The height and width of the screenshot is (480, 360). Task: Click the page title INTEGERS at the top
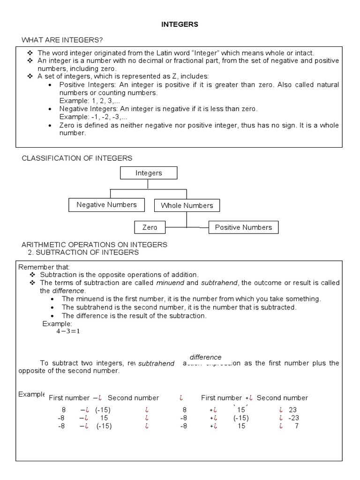180,25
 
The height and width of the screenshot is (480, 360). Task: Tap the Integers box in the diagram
149,173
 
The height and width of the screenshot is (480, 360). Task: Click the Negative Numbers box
106,205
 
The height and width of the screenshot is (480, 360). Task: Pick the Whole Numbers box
187,205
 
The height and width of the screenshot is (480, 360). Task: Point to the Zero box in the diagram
150,227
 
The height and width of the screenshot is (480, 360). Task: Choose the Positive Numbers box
243,227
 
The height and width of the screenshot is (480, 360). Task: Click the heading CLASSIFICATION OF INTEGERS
77,158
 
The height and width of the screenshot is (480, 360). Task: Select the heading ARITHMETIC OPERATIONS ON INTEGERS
94,245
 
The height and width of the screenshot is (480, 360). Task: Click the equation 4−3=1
68,331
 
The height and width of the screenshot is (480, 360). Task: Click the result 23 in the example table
293,409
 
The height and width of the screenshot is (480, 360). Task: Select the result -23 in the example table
293,418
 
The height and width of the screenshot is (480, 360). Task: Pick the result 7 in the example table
296,426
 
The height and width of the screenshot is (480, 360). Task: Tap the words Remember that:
38,267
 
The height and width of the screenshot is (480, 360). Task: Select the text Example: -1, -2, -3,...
93,117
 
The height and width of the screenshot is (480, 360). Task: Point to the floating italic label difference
205,357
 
